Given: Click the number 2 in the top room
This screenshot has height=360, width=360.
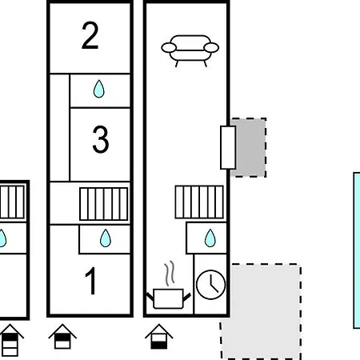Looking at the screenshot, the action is [90, 35].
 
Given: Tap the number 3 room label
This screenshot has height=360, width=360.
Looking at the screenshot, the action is [101, 139].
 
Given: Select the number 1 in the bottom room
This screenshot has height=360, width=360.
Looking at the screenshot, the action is [90, 281].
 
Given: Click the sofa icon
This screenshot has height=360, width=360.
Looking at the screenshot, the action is [190, 50].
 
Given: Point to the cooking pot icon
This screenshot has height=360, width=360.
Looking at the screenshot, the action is [169, 298].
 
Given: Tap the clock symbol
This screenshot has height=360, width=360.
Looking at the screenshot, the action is [210, 285].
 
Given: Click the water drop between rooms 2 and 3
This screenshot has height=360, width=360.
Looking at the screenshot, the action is [99, 89].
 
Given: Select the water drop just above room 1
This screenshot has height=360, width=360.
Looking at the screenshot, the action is [106, 238].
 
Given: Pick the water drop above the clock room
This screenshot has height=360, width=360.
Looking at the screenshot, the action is [210, 238].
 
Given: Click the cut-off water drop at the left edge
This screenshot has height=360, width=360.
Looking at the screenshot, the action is [2, 238].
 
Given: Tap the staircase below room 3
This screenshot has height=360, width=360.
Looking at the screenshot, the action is [104, 204].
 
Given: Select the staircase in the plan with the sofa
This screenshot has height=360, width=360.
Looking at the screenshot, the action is [199, 202].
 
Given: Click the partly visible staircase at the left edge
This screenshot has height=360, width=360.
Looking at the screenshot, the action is [12, 202].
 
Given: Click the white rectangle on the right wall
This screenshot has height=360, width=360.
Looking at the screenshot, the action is [228, 147].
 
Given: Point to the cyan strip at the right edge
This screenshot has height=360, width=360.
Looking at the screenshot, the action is [357, 250].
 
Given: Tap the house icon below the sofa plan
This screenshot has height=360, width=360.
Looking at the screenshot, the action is [159, 337].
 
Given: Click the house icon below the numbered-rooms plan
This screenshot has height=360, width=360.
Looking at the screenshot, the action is [62, 337].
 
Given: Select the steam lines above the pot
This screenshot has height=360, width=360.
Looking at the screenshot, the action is [170, 274].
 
